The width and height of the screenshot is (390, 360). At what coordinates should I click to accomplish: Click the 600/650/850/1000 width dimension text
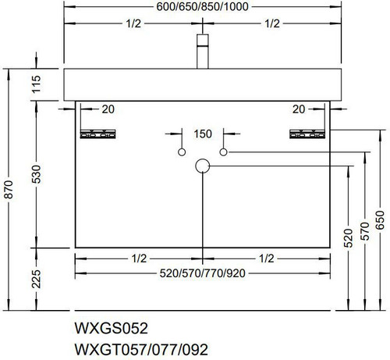202,6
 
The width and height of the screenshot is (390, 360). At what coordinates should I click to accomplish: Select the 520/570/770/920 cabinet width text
202,273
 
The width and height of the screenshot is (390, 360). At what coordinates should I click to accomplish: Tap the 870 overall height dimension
9,189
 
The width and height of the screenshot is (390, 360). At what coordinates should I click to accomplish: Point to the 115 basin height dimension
37,84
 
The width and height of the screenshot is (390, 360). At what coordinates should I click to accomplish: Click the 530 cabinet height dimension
37,174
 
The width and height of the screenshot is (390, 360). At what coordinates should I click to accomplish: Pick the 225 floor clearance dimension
37,279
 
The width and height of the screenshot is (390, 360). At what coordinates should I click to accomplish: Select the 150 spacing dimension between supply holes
203,134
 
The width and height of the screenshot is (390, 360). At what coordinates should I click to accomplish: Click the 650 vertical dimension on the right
380,220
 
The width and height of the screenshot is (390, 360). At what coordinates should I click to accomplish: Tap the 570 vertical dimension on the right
365,231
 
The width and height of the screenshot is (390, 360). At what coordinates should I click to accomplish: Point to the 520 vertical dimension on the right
349,238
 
